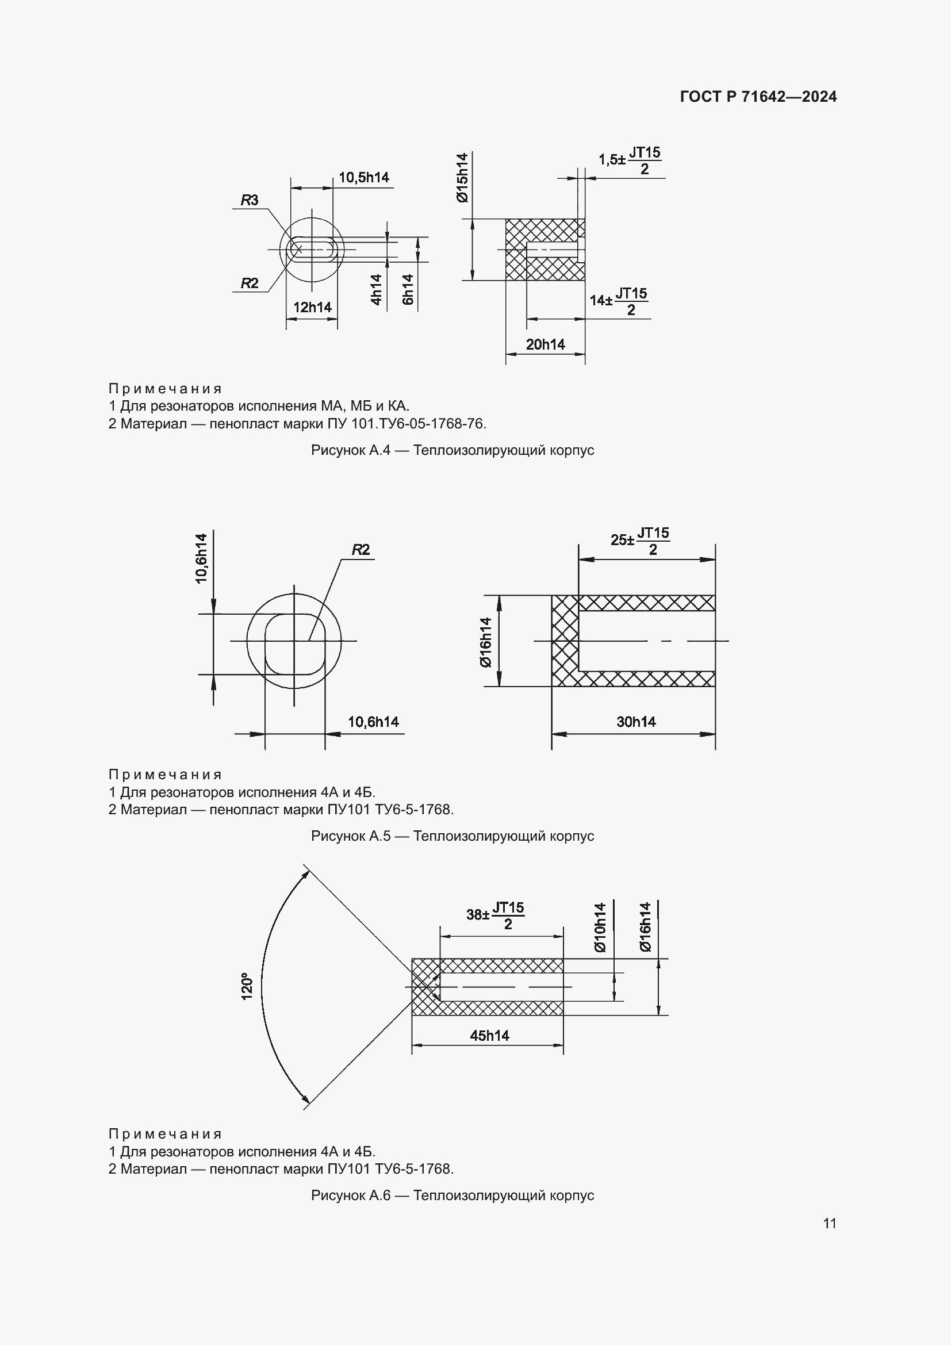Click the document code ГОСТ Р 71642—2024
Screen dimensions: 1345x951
[758, 97]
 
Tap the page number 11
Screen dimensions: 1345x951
[829, 1223]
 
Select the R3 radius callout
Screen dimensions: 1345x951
[250, 200]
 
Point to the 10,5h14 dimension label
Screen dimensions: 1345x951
[363, 178]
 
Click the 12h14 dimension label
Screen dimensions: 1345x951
[312, 307]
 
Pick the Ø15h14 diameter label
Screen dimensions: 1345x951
[463, 178]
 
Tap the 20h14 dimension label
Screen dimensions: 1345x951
[545, 344]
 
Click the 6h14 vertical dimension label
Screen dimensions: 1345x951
[408, 289]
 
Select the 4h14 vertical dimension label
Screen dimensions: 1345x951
[377, 289]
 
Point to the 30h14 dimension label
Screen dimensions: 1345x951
[636, 722]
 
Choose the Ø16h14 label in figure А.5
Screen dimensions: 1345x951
[485, 642]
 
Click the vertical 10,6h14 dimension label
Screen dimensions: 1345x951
[201, 558]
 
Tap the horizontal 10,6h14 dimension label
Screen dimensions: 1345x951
[373, 722]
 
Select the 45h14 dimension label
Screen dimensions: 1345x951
[489, 1036]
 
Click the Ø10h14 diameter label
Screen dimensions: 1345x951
[600, 928]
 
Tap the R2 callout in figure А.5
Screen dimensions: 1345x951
[361, 550]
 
